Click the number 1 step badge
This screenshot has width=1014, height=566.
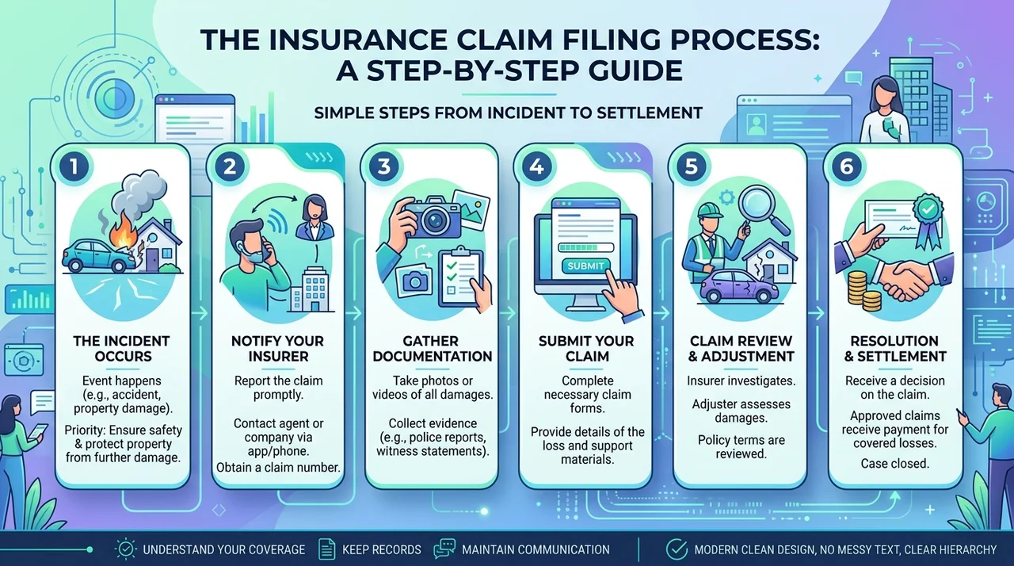tap(74, 166)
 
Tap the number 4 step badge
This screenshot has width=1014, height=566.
tap(537, 166)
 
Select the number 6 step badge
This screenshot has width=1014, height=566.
tap(847, 166)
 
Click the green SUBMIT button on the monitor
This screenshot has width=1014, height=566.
tap(585, 266)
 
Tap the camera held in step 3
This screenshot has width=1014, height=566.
tap(433, 218)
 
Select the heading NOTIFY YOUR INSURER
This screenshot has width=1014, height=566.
tap(278, 348)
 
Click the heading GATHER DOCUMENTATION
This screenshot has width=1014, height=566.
tap(433, 348)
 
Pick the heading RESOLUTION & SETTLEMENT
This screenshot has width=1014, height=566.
tap(895, 348)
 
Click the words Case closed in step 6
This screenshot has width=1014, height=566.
tap(894, 464)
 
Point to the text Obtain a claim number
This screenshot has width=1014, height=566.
tap(278, 467)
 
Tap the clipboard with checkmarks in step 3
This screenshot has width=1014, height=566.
tap(461, 275)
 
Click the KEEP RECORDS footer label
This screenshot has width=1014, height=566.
tap(382, 549)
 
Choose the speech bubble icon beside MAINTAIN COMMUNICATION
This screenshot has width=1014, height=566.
tap(444, 549)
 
